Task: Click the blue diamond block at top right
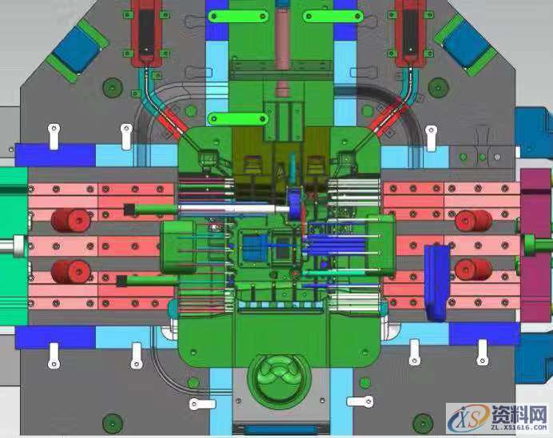pos(466,45)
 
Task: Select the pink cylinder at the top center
pos(283,38)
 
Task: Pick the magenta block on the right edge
pos(535,245)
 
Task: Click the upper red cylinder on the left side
pos(71,221)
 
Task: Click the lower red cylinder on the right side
pos(473,270)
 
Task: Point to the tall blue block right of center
pos(437,283)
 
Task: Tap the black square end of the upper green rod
pos(129,210)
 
